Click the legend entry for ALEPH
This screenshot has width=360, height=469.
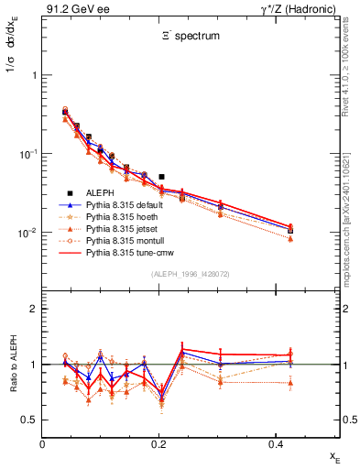click(x=93, y=192)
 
